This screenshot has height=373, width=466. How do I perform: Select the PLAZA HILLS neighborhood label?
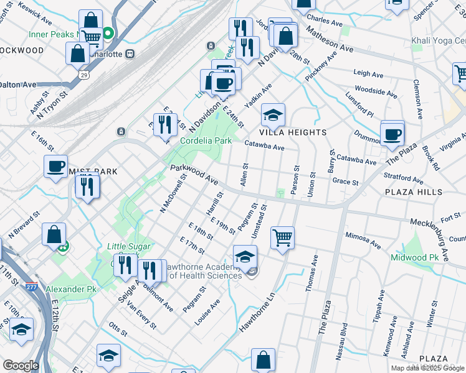click(413, 193)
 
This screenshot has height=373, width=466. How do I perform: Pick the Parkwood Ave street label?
click(194, 173)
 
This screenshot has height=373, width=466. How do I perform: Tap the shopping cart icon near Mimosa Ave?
click(283, 237)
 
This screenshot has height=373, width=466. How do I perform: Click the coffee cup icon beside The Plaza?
click(392, 134)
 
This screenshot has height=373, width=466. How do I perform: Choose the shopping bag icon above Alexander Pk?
click(54, 234)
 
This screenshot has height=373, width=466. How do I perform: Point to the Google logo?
click(21, 366)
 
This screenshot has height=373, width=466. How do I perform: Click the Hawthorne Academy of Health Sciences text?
click(201, 270)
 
